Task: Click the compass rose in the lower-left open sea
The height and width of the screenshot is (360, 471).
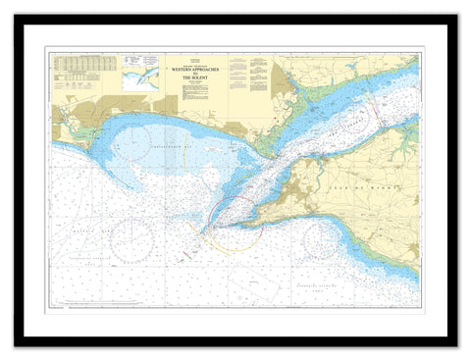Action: coord(132,239)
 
